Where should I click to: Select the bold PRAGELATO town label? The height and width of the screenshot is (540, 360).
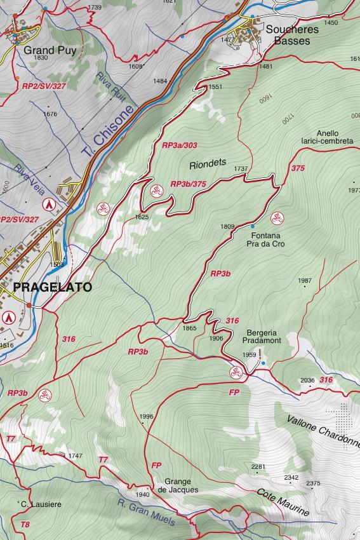[x=52, y=287]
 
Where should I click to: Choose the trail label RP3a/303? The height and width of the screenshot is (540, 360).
[x=180, y=145]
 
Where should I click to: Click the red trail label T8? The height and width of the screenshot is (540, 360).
[x=25, y=525]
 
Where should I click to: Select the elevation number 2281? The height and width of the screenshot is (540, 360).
[x=258, y=467]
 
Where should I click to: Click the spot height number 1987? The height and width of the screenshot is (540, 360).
[x=304, y=280]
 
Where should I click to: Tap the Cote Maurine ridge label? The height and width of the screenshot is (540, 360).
[x=283, y=502]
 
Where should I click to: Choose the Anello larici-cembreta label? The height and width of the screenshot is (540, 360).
[x=327, y=137]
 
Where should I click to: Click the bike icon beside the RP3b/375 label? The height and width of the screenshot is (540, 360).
[x=156, y=190]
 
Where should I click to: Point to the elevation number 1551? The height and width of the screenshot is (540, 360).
[x=215, y=87]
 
